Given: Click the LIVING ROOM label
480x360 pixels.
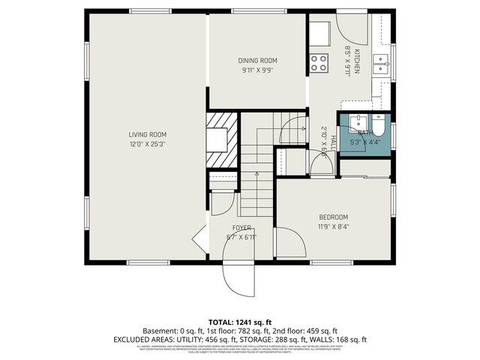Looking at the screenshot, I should click(147, 135).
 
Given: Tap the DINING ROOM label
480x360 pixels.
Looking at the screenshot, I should click(258, 61).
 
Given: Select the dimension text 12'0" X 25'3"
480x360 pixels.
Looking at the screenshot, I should click(147, 144).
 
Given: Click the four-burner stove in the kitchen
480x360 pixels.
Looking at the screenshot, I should click(319, 63).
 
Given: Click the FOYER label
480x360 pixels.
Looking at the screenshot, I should click(241, 228).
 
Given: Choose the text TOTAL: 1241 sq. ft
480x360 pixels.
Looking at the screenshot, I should click(239, 321).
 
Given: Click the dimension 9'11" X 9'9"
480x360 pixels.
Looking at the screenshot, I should click(258, 70).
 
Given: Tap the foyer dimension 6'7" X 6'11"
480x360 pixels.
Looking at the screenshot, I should click(241, 237).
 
